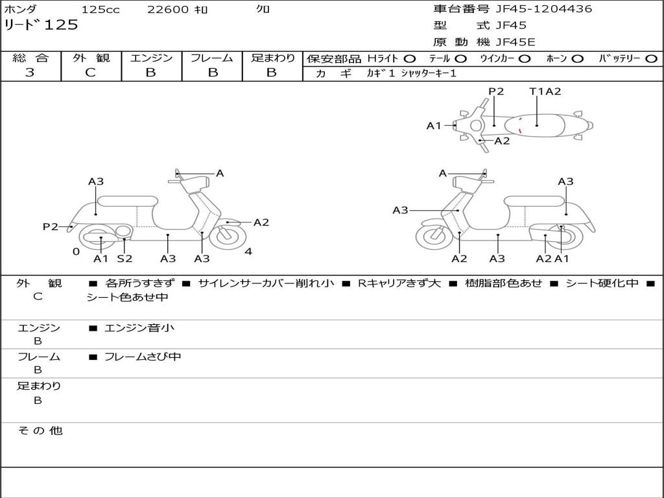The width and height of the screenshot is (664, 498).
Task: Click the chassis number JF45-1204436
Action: click(544, 9)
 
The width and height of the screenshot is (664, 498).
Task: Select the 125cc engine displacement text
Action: click(101, 9)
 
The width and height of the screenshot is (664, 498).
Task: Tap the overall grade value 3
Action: click(30, 73)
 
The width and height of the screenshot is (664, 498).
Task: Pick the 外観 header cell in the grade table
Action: click(91, 58)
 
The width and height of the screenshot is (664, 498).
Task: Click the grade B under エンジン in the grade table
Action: click(150, 73)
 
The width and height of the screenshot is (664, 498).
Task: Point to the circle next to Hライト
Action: click(410, 59)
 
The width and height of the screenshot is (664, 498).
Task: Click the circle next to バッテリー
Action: click(651, 59)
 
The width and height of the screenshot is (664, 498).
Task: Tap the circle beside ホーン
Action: click(577, 59)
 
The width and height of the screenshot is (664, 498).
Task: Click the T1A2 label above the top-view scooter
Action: click(545, 91)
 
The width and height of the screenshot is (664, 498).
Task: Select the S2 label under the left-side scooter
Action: click(124, 258)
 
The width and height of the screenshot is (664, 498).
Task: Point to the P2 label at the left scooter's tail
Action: click(51, 226)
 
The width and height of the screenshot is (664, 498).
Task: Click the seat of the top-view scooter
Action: click(534, 126)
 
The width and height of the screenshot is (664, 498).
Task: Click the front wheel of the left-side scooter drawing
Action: click(228, 236)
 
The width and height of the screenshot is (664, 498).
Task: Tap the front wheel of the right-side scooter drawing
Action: click(434, 236)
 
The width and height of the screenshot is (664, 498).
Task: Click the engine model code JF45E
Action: click(516, 42)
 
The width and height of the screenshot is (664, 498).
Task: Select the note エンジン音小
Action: click(139, 327)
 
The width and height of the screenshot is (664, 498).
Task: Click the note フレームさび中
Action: click(143, 357)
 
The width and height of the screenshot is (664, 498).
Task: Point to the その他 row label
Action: click(40, 431)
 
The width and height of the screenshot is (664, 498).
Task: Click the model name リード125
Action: click(41, 25)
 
